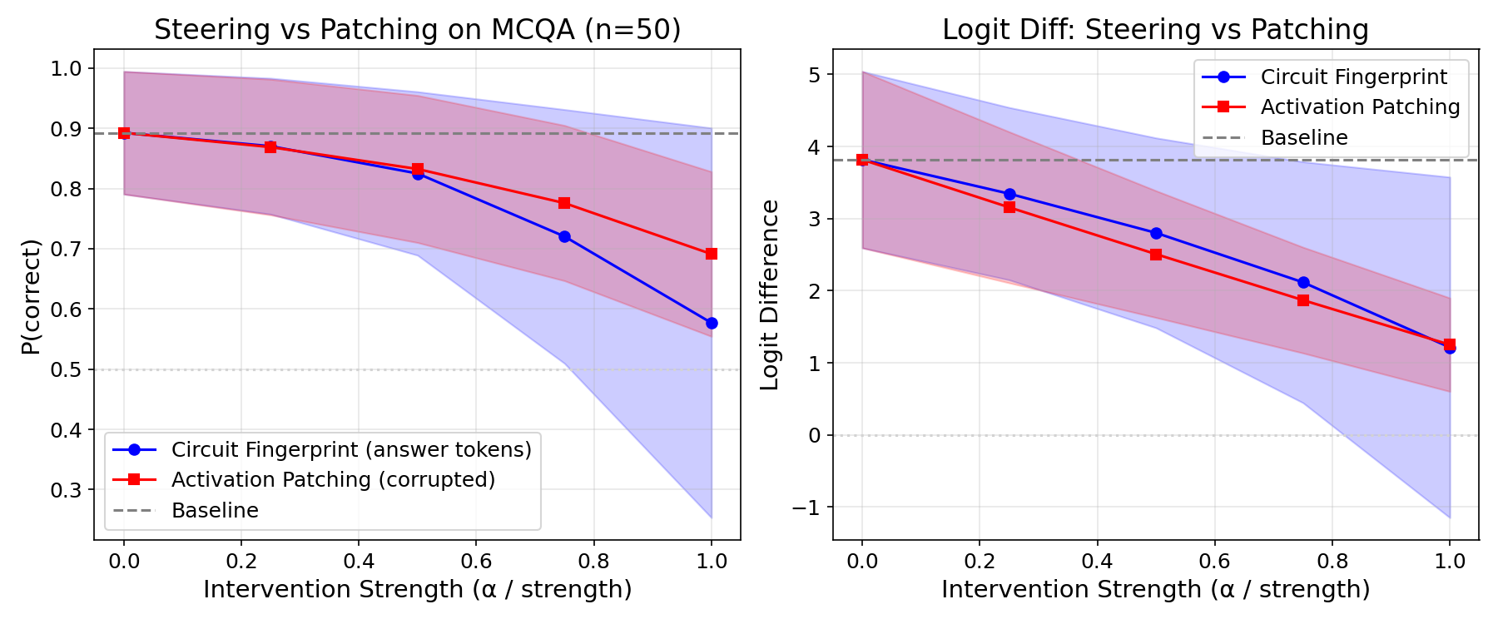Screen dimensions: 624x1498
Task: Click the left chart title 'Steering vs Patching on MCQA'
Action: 417,30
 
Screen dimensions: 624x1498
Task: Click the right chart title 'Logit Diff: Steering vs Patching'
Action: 1155,30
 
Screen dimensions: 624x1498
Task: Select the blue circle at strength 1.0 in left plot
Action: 712,323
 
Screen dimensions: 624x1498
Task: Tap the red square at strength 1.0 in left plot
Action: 712,254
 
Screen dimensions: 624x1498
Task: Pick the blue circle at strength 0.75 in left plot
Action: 564,236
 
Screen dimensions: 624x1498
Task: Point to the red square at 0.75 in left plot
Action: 564,203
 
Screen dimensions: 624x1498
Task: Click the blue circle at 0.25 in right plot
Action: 1009,194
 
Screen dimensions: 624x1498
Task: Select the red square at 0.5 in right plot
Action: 1156,255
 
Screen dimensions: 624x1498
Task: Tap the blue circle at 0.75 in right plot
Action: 1303,282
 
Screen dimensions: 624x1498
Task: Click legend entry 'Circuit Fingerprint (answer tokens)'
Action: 350,449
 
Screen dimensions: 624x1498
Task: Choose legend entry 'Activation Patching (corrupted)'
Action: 333,480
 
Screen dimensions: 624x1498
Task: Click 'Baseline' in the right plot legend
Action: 1303,138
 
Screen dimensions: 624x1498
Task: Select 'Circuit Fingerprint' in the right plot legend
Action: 1353,77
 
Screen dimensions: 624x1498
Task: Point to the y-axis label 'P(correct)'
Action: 31,296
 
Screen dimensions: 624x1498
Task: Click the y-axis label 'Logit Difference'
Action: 770,295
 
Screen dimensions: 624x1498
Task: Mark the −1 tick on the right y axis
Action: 806,508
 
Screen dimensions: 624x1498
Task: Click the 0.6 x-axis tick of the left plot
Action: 476,562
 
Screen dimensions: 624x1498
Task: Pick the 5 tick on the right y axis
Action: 813,75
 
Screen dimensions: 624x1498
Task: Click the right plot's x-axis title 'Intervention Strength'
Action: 1155,589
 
